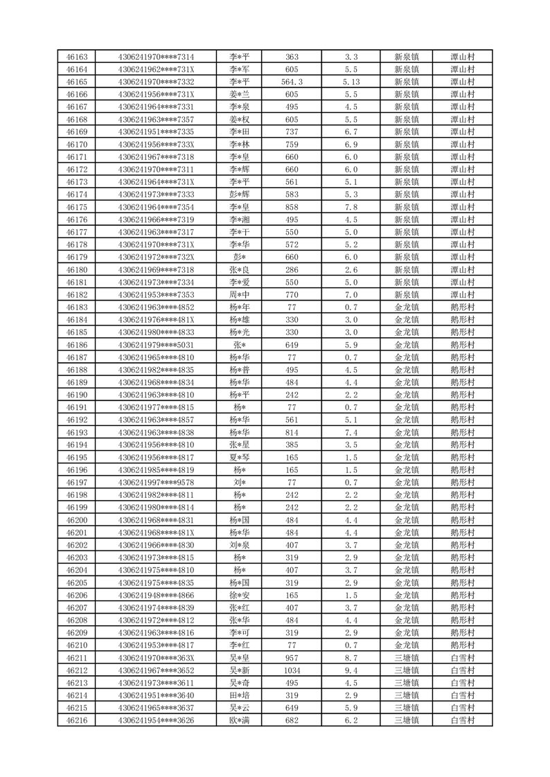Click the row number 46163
tap(76, 57)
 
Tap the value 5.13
tap(351, 82)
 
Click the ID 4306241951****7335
tap(156, 132)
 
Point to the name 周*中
tap(240, 294)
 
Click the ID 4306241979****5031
tap(156, 345)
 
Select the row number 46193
tap(76, 432)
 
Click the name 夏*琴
tap(240, 457)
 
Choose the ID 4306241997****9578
tap(156, 482)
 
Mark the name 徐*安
tap(240, 595)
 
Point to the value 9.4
tap(351, 670)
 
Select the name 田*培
tap(240, 695)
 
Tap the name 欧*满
tap(240, 720)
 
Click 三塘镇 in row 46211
tap(407, 657)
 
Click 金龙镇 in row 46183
tap(407, 307)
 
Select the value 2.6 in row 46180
tap(351, 269)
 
